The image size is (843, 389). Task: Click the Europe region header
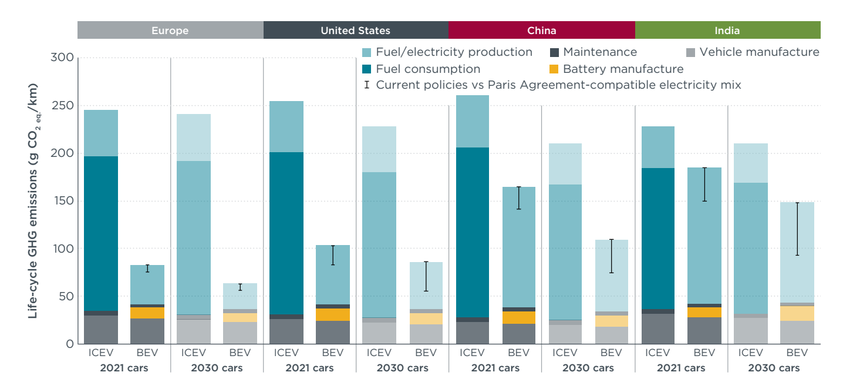(170, 31)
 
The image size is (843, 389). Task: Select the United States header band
(355, 31)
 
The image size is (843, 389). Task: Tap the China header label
(541, 31)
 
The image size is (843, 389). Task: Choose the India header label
(727, 31)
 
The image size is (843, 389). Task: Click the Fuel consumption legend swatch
(367, 69)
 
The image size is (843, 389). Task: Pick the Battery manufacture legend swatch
(554, 69)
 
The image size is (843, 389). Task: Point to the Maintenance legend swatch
(554, 53)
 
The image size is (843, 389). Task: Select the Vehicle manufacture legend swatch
(690, 53)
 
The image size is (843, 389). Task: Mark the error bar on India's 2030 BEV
(797, 229)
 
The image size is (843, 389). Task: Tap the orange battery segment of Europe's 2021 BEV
(147, 313)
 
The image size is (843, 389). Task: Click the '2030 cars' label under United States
(402, 368)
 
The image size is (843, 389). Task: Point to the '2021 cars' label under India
(681, 368)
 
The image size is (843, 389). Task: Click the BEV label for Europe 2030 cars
(240, 353)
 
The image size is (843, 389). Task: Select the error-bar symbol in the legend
(367, 85)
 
